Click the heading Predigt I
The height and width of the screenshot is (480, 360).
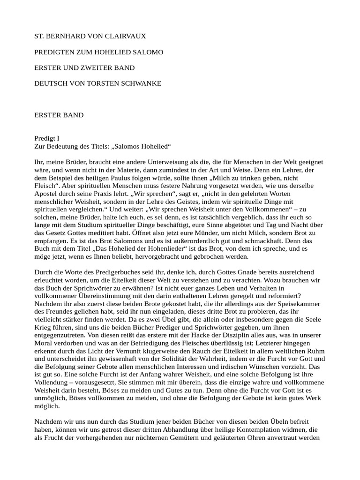click(x=47, y=139)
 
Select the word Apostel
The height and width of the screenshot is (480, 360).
click(x=46, y=194)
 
